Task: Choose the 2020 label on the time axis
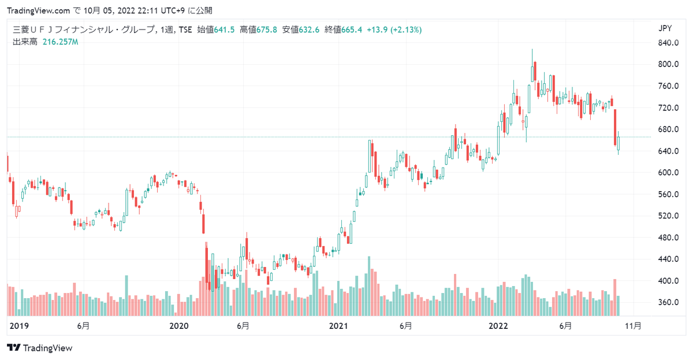click(179, 326)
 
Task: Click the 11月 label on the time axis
click(634, 326)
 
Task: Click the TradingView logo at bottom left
click(40, 348)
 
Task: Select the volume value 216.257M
click(60, 42)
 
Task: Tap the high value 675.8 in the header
click(266, 29)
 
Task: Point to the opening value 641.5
click(225, 29)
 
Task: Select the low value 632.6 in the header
click(309, 29)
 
